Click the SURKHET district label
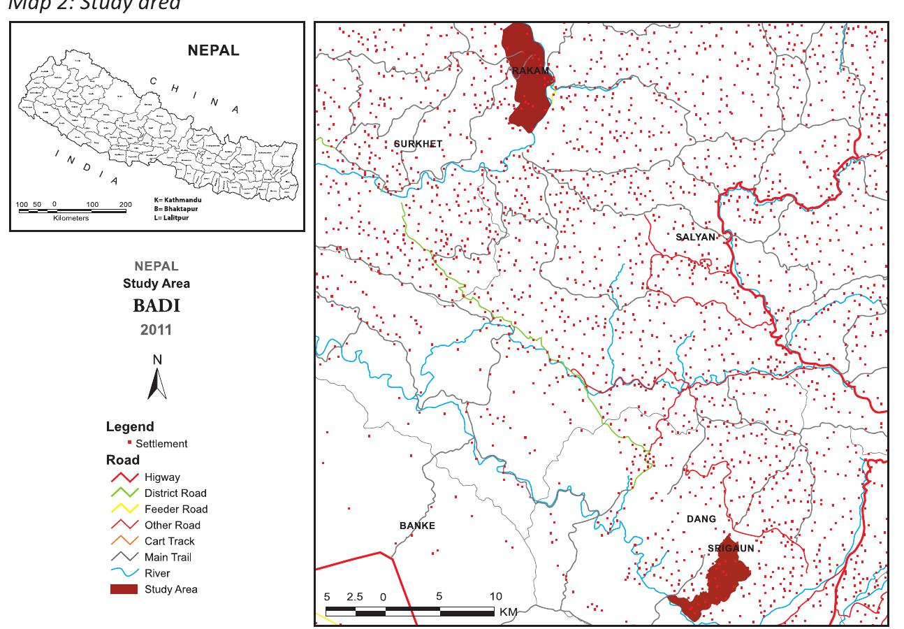pyautogui.click(x=418, y=144)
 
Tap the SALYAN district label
pyautogui.click(x=696, y=237)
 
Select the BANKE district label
pyautogui.click(x=417, y=526)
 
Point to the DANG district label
pyautogui.click(x=701, y=519)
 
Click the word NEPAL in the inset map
pyautogui.click(x=213, y=51)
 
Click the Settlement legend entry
pyautogui.click(x=161, y=444)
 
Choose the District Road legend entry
pyautogui.click(x=175, y=493)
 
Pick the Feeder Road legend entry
pyautogui.click(x=175, y=509)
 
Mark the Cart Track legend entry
pyautogui.click(x=169, y=541)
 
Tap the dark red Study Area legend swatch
pyautogui.click(x=123, y=589)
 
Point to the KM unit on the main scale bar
pyautogui.click(x=508, y=612)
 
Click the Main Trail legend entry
pyautogui.click(x=168, y=557)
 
